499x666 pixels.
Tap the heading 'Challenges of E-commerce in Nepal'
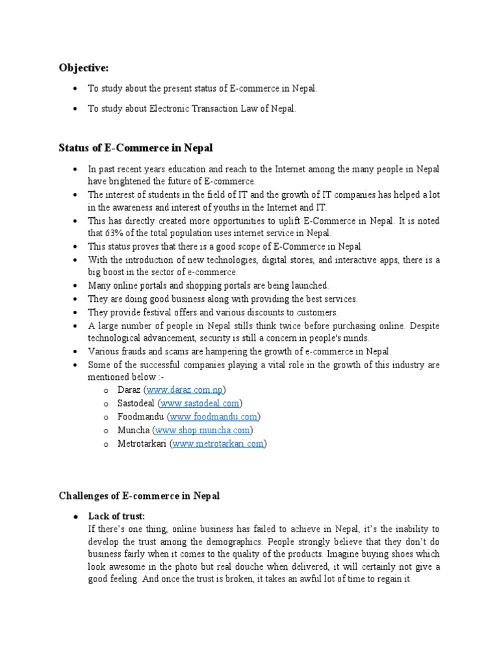(x=140, y=496)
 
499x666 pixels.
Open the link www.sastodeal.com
(x=203, y=403)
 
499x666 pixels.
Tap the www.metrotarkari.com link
(x=218, y=444)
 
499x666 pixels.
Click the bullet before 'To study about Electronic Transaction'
(x=76, y=109)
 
